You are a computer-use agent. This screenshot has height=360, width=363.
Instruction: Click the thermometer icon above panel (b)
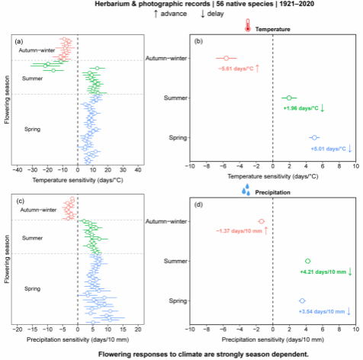(x=248, y=25)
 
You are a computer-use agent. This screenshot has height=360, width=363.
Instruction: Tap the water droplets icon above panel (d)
(x=246, y=189)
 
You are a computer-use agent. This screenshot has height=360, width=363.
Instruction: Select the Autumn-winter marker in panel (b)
(x=226, y=58)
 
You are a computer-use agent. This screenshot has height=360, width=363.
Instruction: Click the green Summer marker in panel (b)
(x=289, y=98)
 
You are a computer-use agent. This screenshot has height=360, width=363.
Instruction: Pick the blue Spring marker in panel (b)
(x=314, y=137)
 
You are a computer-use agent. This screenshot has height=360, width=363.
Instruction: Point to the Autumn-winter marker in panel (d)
(x=262, y=221)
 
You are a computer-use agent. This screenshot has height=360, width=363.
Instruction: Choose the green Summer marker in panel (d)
(x=307, y=261)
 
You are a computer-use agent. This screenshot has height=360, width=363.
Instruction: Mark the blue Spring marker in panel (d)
(x=302, y=301)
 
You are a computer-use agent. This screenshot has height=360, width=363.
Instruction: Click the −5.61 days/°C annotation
(x=236, y=69)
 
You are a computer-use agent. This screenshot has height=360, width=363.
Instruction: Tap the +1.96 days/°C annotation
(x=300, y=108)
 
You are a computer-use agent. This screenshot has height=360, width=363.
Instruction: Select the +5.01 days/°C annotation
(x=328, y=149)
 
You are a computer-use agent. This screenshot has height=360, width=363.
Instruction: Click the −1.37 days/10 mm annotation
(x=239, y=231)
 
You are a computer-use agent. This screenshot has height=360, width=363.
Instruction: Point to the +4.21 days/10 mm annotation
(x=323, y=272)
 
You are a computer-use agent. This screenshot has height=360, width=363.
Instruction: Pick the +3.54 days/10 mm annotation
(x=322, y=312)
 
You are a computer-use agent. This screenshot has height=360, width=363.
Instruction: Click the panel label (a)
(x=19, y=41)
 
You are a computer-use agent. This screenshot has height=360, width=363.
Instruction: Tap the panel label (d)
(x=198, y=204)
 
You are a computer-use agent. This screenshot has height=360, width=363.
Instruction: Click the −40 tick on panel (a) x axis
(x=17, y=170)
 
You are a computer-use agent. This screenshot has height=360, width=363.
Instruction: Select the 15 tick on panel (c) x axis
(x=123, y=329)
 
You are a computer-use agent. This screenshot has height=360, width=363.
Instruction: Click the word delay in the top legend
(x=215, y=14)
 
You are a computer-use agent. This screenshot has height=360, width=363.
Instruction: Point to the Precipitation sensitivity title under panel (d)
(x=273, y=339)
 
